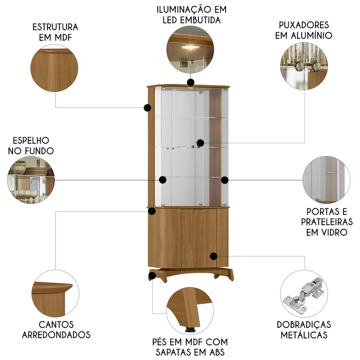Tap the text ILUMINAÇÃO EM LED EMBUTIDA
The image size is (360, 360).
tap(191, 14)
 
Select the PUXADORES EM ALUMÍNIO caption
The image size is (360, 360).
tap(303, 30)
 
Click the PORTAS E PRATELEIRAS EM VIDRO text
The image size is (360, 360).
tap(327, 222)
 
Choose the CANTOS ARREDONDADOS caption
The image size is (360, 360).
tap(56, 329)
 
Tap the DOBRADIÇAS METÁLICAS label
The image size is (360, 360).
tap(304, 329)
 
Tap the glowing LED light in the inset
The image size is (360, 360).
tap(190, 46)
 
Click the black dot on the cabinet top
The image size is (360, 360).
tap(190, 82)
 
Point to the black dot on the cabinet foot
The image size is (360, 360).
tap(152, 276)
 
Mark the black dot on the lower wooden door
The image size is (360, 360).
tap(213, 256)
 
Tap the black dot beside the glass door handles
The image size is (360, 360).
tap(201, 143)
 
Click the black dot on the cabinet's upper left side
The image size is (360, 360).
tap(147, 107)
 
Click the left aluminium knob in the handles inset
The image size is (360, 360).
tap(298, 65)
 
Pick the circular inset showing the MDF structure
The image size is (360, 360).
tap(54, 68)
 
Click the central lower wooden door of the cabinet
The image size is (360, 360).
tap(198, 238)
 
